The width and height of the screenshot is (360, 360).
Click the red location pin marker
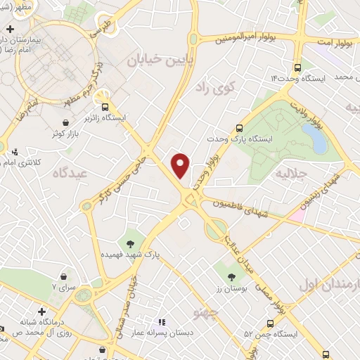coord(181,165)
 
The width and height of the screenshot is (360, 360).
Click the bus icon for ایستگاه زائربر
coord(105,108)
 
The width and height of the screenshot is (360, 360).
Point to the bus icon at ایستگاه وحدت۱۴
coord(299,68)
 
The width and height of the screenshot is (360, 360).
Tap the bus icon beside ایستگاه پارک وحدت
coord(239,129)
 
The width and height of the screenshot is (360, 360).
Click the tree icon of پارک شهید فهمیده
coord(131,243)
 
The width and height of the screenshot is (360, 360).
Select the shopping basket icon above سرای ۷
coord(65,277)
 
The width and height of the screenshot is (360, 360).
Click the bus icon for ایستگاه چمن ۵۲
coord(271,326)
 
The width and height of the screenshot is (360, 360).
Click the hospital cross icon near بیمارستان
coord(9,30)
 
